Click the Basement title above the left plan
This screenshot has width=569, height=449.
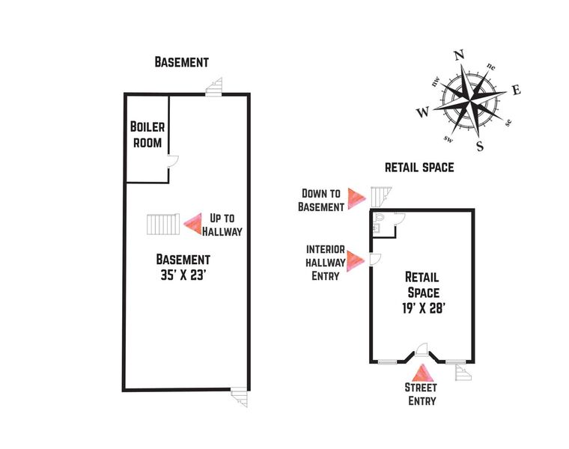click(181, 62)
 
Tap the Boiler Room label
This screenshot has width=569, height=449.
click(147, 134)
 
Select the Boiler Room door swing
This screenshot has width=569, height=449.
click(172, 160)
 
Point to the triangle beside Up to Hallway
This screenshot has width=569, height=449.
click(194, 222)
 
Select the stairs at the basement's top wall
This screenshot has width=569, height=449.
click(216, 87)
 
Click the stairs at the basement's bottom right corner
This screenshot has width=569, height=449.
click(239, 397)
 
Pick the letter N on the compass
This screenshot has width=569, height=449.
click(460, 55)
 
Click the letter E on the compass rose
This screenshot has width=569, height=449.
click(516, 91)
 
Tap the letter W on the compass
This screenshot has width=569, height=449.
click(423, 112)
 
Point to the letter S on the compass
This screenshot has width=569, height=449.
click(480, 145)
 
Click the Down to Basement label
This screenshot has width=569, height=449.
click(322, 200)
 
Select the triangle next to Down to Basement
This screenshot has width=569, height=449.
click(356, 198)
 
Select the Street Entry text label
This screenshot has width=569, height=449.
click(422, 394)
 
